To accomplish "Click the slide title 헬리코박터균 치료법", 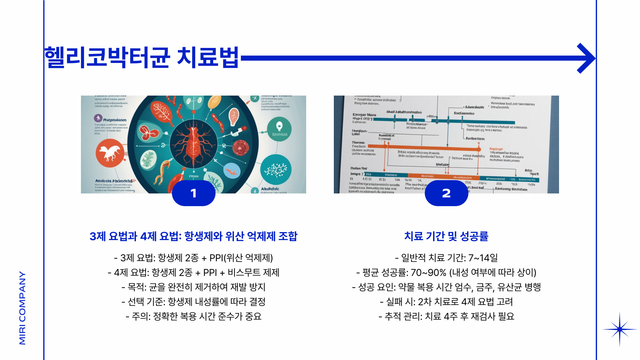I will tap(142, 58).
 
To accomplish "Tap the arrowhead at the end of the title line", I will tap(586, 58).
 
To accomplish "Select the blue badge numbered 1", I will tap(194, 193).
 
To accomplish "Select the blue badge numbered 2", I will tap(446, 193).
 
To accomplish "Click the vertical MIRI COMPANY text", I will tap(22, 308).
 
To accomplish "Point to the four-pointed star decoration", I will tap(620, 329).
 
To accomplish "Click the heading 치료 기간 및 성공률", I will tap(446, 236).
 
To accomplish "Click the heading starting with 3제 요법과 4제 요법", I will tap(193, 236).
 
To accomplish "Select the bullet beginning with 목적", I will tap(193, 287).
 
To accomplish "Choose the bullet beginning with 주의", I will tap(193, 316).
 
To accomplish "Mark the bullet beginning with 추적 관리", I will tap(446, 316).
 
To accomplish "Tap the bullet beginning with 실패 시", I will tap(446, 302).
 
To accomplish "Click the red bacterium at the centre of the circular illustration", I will tap(194, 144).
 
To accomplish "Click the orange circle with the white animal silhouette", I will tap(110, 153).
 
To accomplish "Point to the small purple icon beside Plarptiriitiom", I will tap(98, 118).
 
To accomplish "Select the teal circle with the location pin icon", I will tap(279, 129).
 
